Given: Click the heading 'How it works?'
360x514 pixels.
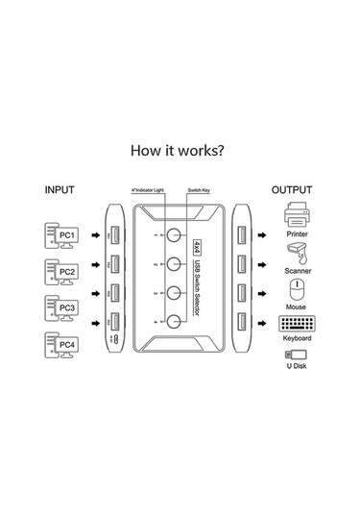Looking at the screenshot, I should pos(180,150).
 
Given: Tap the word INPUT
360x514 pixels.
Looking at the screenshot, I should pos(59,189).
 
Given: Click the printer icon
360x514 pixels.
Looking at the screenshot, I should pos(297,214).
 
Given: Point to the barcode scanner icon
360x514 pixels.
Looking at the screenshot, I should pos(297,253).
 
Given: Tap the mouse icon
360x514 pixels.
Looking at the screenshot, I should pos(297,288).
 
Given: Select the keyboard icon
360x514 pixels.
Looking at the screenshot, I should pos(297,325).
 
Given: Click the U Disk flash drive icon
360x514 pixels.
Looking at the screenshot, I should pos(297,357).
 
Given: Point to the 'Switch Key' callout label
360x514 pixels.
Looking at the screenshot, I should pos(202,191).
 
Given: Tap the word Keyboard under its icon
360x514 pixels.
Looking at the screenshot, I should pos(297,339).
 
